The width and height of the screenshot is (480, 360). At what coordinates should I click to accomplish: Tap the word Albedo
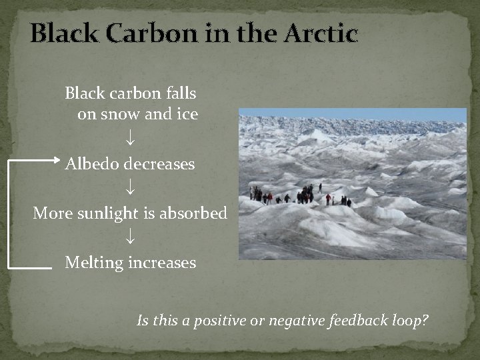pos(92,163)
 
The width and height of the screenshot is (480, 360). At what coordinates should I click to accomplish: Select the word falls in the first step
pos(179,92)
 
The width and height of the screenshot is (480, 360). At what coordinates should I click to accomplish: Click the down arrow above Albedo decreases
pos(131,139)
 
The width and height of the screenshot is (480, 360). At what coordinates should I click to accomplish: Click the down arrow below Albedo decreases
pos(131,189)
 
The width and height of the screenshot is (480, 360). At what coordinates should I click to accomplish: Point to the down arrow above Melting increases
pos(131,237)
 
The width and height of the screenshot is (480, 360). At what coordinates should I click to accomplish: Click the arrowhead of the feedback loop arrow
pos(56,160)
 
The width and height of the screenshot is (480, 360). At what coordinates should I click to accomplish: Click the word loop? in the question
pos(409,321)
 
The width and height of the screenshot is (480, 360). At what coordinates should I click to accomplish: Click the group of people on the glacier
pos(300,196)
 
